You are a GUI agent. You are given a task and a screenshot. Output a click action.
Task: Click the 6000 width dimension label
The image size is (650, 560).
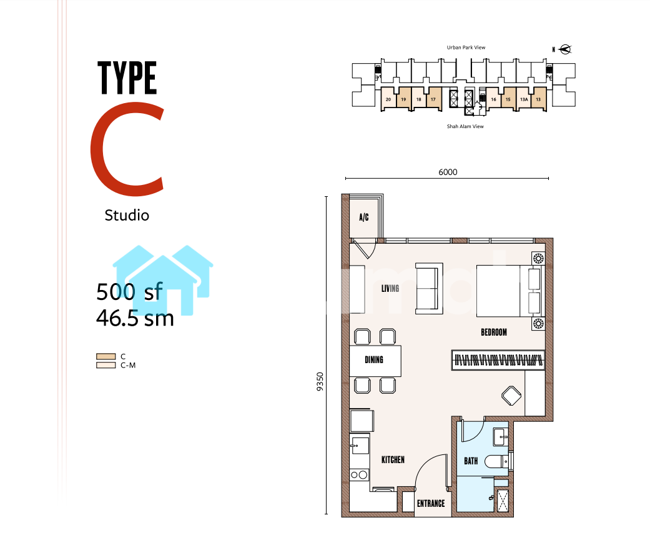click(x=448, y=172)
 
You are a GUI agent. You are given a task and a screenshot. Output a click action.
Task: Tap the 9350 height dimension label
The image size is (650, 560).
click(x=320, y=382)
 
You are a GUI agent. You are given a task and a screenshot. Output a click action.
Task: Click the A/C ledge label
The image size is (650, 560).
click(x=364, y=217)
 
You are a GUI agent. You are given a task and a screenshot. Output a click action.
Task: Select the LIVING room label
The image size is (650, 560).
click(x=390, y=288)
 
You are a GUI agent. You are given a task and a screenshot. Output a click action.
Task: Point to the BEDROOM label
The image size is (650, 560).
click(x=494, y=332)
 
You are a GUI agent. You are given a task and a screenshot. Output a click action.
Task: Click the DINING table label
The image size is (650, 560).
click(x=374, y=359)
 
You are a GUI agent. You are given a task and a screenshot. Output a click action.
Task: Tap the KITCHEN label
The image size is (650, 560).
click(x=393, y=459)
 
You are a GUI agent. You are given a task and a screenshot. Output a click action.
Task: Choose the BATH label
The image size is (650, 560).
click(x=471, y=461)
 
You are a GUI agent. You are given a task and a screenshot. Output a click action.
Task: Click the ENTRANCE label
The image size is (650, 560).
click(x=431, y=503)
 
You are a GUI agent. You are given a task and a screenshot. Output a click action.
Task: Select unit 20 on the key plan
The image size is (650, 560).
click(x=388, y=99)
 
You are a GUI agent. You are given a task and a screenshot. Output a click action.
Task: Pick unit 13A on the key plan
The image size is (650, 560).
click(x=524, y=99)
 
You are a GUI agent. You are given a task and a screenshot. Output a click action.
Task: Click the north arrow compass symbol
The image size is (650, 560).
click(x=565, y=49)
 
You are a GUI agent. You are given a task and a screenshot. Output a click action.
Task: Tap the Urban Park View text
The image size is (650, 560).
click(x=466, y=47)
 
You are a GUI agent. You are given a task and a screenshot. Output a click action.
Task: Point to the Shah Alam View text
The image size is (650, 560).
click(x=465, y=126)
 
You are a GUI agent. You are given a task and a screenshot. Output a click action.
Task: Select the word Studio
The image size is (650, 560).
click(x=127, y=215)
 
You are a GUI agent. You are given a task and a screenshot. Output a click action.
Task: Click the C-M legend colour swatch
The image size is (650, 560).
click(x=106, y=366)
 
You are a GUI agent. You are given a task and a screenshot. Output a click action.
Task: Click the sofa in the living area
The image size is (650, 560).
click(x=429, y=288)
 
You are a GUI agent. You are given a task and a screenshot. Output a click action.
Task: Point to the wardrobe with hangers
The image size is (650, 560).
click(x=498, y=360)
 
